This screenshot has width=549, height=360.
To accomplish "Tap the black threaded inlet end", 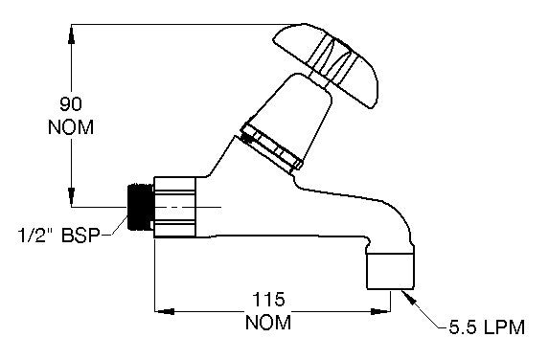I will (x=140, y=206).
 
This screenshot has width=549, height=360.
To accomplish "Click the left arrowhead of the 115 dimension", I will (x=163, y=309).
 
